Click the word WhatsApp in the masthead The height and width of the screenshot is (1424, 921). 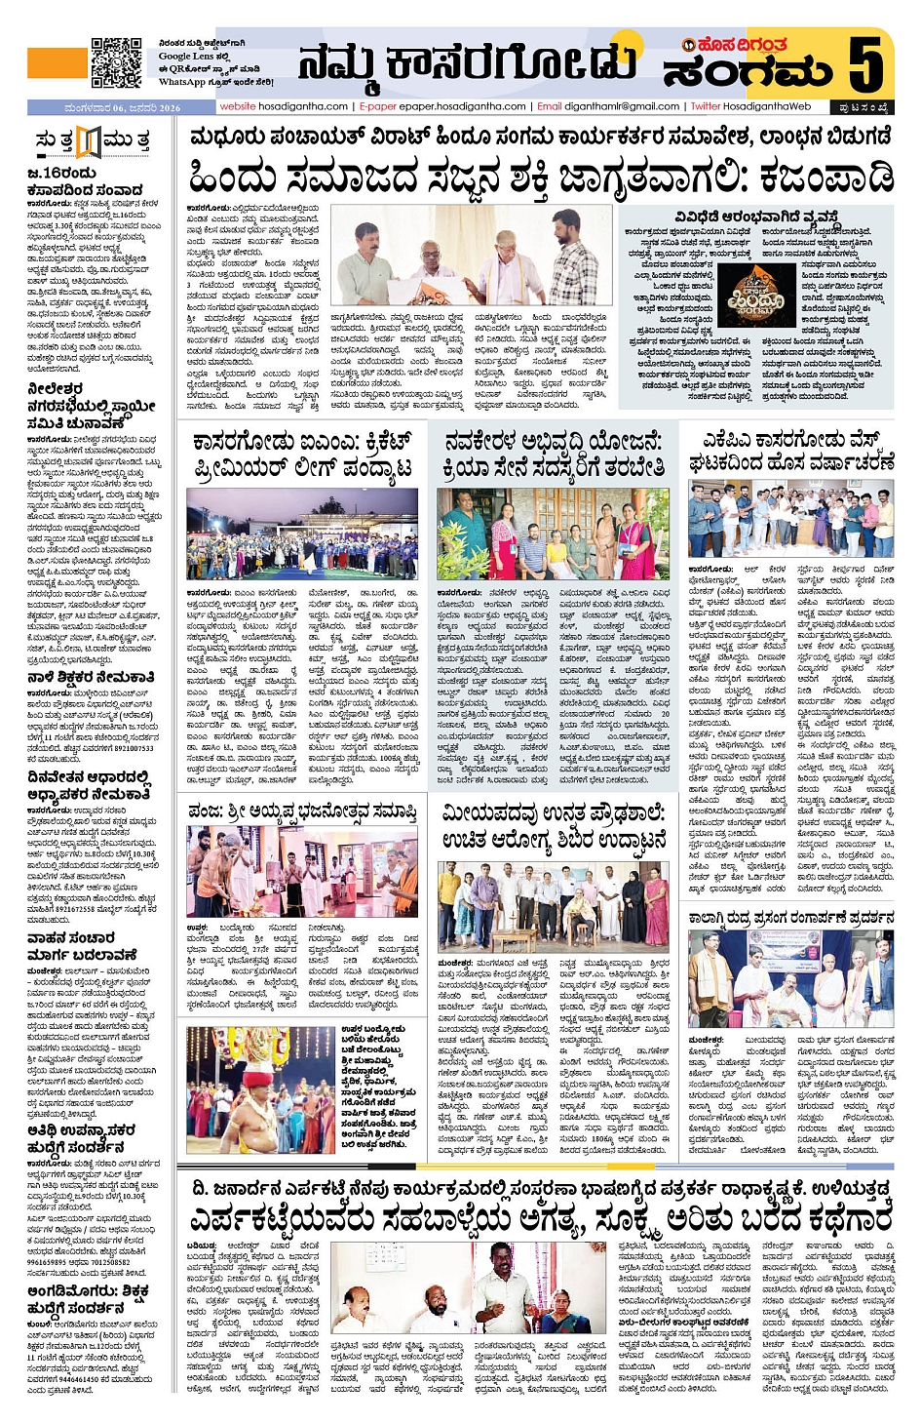coord(181,82)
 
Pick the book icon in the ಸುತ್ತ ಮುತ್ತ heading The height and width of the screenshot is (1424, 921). coord(89,141)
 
